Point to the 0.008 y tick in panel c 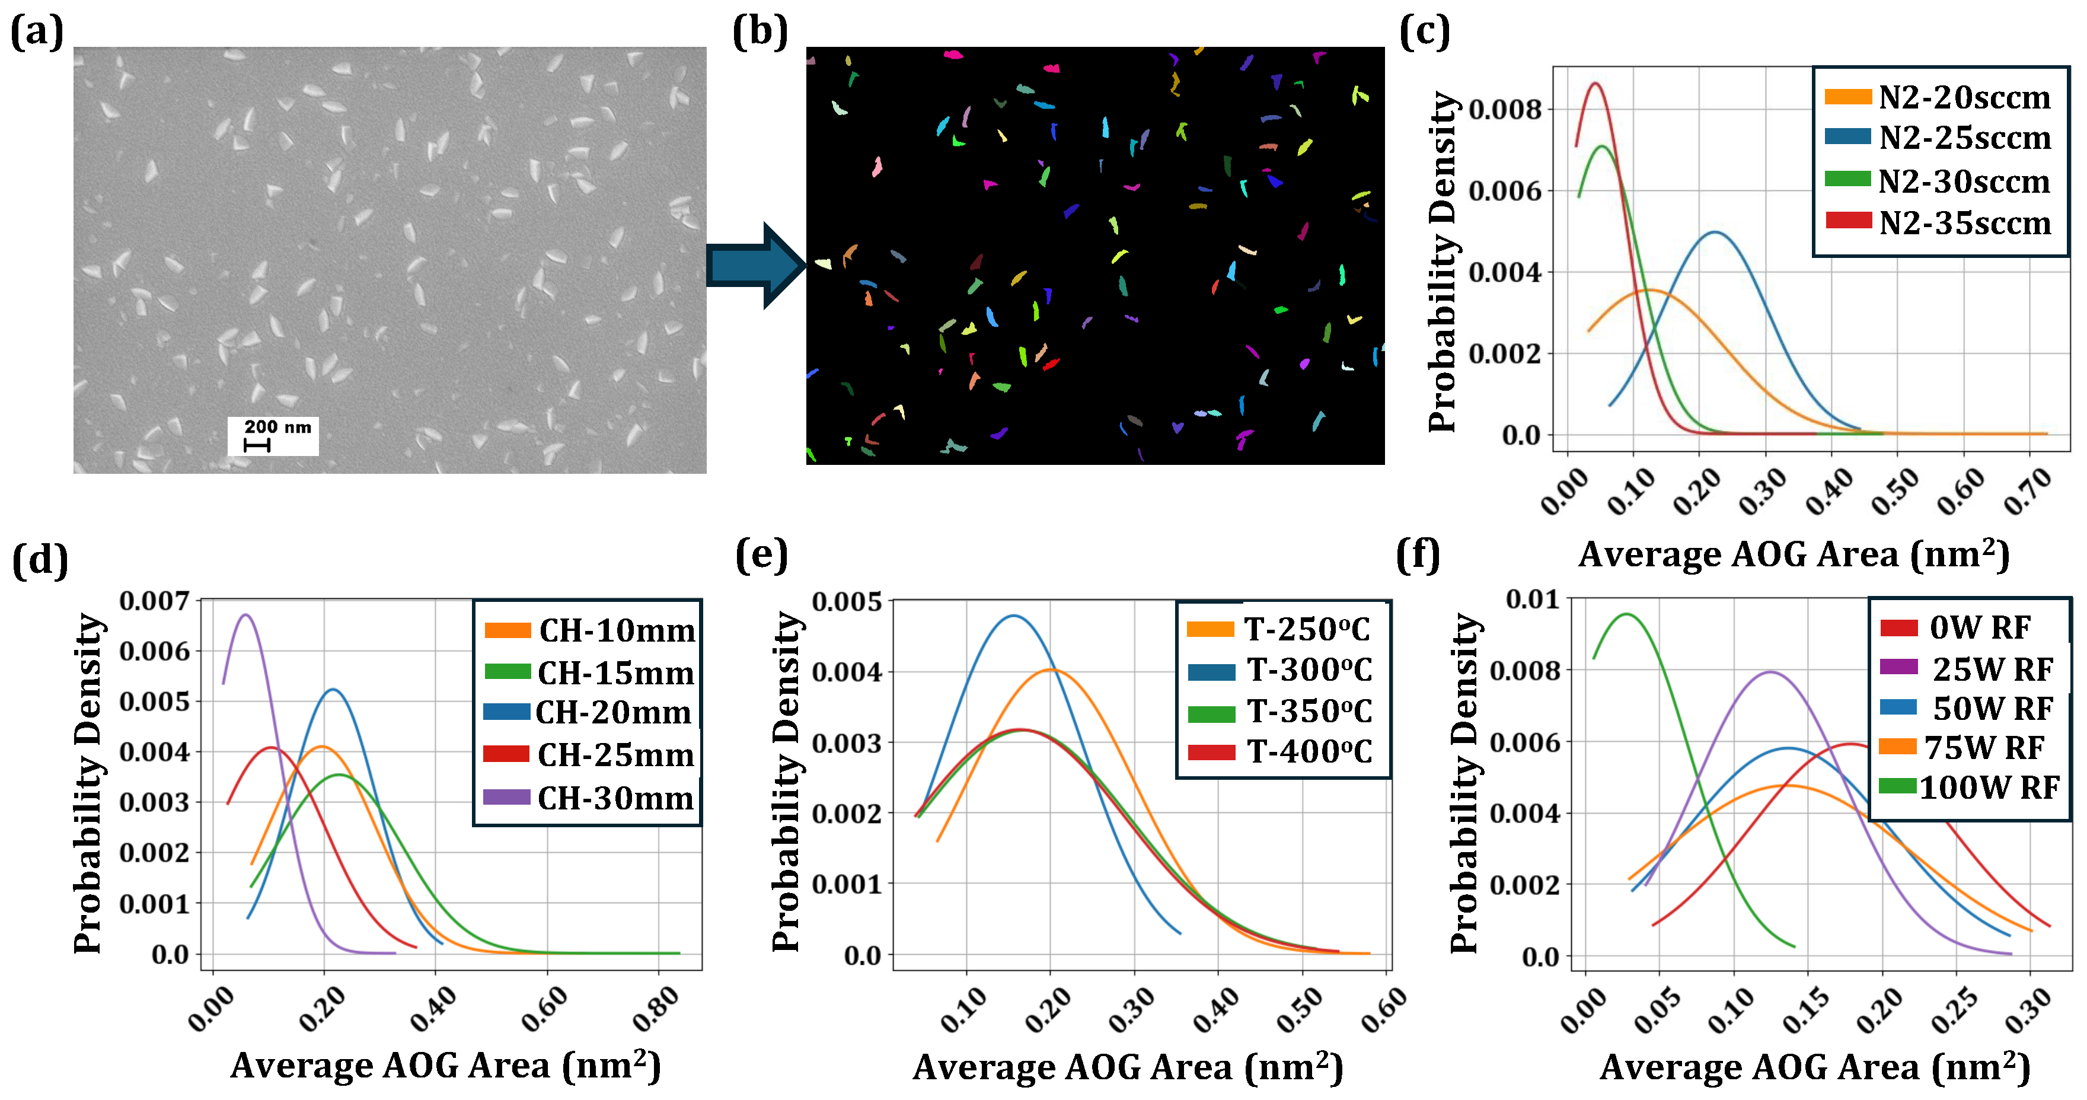(x=1505, y=109)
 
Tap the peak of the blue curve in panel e (x=1013, y=617)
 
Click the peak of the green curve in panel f (x=1625, y=614)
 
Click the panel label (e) (x=761, y=556)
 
